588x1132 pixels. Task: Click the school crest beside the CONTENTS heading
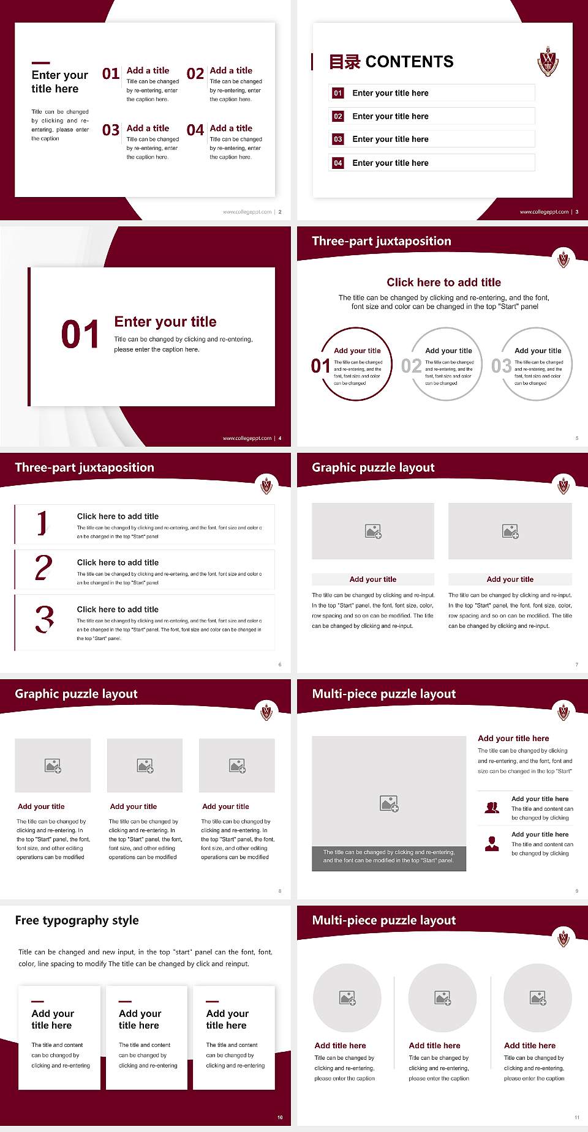tap(548, 61)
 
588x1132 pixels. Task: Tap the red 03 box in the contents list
tap(338, 140)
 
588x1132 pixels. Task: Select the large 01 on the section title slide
tap(80, 335)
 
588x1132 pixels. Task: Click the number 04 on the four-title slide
tap(195, 130)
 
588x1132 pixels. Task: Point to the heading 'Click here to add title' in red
tap(443, 282)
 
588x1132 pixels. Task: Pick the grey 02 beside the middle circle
tap(411, 366)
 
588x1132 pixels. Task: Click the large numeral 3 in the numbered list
tap(44, 619)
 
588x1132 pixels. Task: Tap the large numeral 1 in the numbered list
tap(42, 524)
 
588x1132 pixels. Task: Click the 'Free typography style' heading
tap(77, 920)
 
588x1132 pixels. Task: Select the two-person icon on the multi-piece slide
tap(492, 808)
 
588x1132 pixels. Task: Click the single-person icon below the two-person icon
tap(492, 844)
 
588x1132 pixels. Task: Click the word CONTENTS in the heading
tap(409, 62)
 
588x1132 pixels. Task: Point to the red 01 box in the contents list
tap(338, 93)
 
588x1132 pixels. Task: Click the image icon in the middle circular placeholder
tap(443, 998)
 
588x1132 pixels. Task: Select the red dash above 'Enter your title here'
tap(40, 62)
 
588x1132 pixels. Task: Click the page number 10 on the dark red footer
tap(280, 1117)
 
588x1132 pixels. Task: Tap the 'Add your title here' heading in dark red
tap(513, 739)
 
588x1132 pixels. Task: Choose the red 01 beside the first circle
tap(320, 366)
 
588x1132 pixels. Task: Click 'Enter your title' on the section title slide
tap(165, 322)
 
